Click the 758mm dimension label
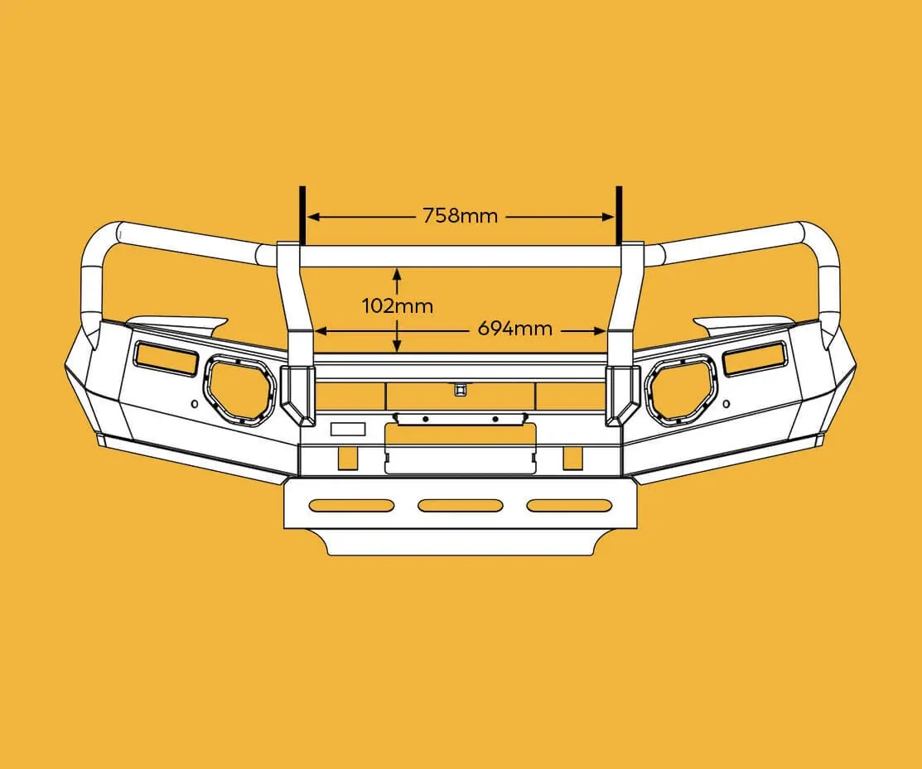(x=460, y=216)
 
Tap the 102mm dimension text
(x=398, y=305)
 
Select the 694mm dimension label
(x=514, y=328)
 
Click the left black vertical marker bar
(x=303, y=215)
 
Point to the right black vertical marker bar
(x=618, y=215)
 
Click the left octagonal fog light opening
(x=240, y=390)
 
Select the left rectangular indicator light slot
(x=167, y=356)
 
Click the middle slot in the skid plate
(x=460, y=505)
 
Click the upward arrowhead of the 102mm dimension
(x=398, y=272)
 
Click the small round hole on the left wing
(x=194, y=405)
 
